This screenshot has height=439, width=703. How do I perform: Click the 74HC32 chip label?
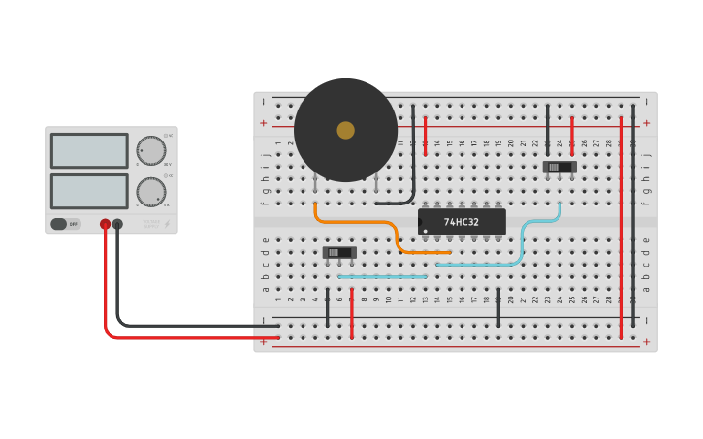(462, 222)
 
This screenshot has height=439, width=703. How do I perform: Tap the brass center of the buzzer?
(345, 130)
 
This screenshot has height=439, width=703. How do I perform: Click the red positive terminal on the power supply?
(105, 224)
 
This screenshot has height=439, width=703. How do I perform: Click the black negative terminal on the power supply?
(117, 224)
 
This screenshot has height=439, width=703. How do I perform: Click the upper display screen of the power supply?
(89, 150)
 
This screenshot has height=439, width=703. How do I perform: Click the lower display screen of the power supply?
(89, 191)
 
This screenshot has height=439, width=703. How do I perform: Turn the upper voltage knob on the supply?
(150, 150)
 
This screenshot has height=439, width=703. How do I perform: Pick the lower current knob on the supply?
(150, 191)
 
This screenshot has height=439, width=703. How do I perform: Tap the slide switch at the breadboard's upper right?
(559, 167)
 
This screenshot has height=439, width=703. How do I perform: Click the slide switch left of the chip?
(339, 252)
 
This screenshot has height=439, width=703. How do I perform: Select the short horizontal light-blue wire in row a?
(382, 276)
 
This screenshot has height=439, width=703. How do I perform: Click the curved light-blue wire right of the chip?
(524, 237)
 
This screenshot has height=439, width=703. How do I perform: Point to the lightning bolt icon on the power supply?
(167, 224)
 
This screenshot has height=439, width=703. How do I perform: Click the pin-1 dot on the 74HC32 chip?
(425, 231)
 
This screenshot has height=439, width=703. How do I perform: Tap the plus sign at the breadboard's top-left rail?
(263, 123)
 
